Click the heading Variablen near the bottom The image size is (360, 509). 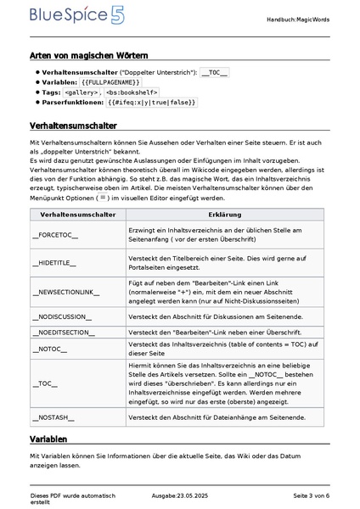pos(48,439)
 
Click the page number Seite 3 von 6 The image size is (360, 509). pos(311,495)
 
